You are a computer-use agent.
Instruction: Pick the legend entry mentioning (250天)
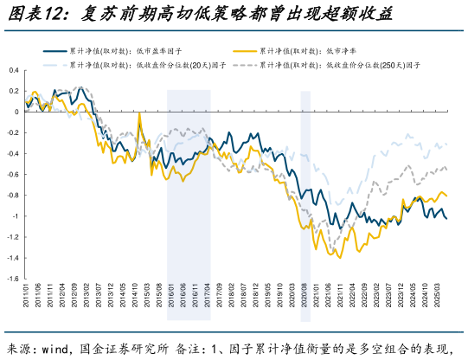coord(338,65)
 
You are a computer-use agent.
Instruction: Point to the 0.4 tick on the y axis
coord(14,70)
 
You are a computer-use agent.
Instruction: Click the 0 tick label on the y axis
coord(16,112)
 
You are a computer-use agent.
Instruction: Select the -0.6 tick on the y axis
coord(13,175)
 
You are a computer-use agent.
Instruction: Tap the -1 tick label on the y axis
coord(15,216)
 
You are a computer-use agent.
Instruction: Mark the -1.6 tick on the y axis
coord(13,279)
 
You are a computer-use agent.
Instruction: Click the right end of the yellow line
coord(446,196)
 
